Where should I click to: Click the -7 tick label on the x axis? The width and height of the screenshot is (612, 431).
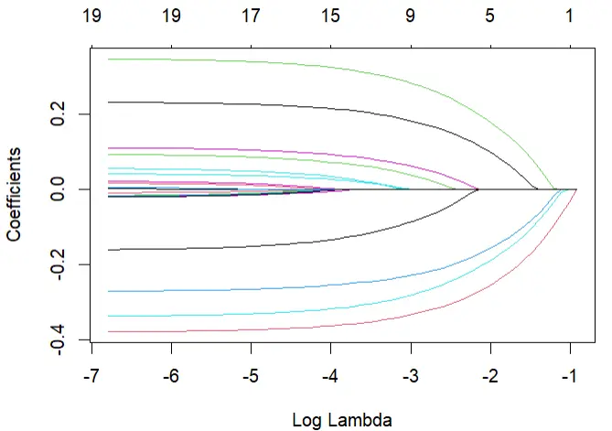coord(91,376)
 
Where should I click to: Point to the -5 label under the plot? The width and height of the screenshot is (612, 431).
coord(251,376)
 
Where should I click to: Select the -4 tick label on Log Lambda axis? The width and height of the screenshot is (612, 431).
coord(330,376)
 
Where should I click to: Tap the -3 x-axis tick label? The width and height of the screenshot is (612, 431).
coord(410,376)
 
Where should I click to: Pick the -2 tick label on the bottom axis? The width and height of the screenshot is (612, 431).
coord(490,376)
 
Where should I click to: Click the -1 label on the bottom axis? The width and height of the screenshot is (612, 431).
coord(569,376)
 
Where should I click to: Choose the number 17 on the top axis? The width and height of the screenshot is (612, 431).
coord(251,16)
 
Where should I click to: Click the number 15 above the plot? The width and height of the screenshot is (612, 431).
coord(330,16)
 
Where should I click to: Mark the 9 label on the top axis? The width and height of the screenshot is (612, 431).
coord(410,16)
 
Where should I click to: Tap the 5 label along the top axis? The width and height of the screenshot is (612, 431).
coord(489,16)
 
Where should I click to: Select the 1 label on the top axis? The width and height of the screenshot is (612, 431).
coord(569,16)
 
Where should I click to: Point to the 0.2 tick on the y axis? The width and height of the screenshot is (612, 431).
coord(58,114)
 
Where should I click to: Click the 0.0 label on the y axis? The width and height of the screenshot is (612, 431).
coord(58,189)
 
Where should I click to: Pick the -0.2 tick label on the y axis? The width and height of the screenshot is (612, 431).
coord(58,264)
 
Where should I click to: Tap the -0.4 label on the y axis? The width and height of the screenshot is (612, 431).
coord(58,340)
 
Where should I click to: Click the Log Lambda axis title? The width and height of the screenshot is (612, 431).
coord(342,421)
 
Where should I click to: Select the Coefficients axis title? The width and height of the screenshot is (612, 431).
coord(14,194)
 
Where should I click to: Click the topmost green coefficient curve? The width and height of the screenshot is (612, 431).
coord(332,68)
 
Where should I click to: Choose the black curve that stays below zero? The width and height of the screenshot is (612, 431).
coord(293,244)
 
